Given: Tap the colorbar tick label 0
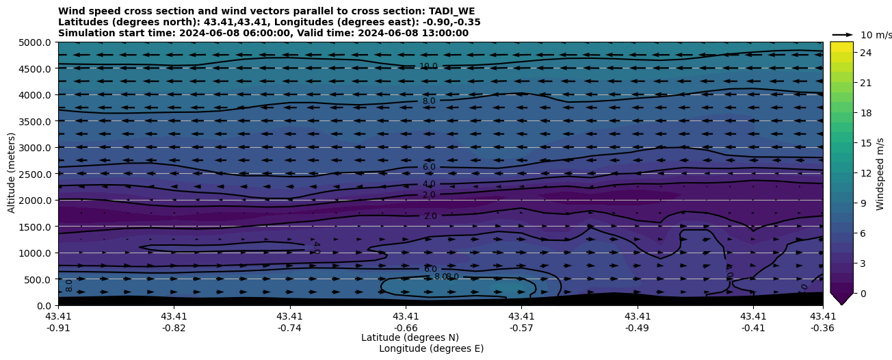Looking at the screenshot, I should pos(863,293).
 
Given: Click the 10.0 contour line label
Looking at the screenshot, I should pos(428,66).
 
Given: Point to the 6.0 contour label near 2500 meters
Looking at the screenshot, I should pos(428,167).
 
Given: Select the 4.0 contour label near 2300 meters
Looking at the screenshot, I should pos(428,184).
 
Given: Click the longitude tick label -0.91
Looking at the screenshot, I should pos(58,328).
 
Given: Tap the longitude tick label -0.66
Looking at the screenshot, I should pos(406,328).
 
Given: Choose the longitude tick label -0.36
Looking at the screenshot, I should pos(822,328).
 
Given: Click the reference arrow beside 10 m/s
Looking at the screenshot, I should pos(842,34).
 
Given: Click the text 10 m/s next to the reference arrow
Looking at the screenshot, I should pos(876,35).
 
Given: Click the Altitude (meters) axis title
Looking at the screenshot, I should pos(12,173).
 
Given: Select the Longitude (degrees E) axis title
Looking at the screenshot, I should pos(431,348).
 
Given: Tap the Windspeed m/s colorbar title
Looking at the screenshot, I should pos(880,174).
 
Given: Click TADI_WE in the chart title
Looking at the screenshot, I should pos(451,11).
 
